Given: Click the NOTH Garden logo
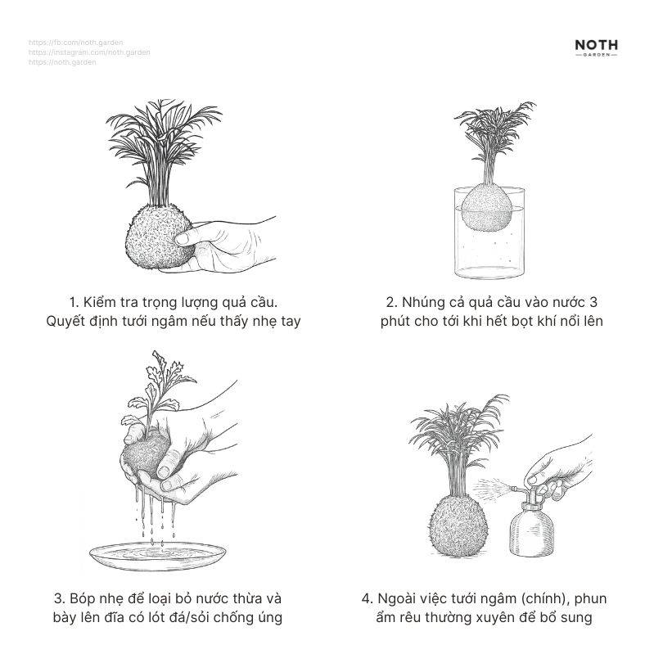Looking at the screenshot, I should (596, 47).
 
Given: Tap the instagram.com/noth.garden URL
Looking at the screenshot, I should (88, 52).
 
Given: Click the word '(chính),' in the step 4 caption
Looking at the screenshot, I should (512, 599).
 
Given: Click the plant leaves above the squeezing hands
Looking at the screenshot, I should (156, 385).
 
